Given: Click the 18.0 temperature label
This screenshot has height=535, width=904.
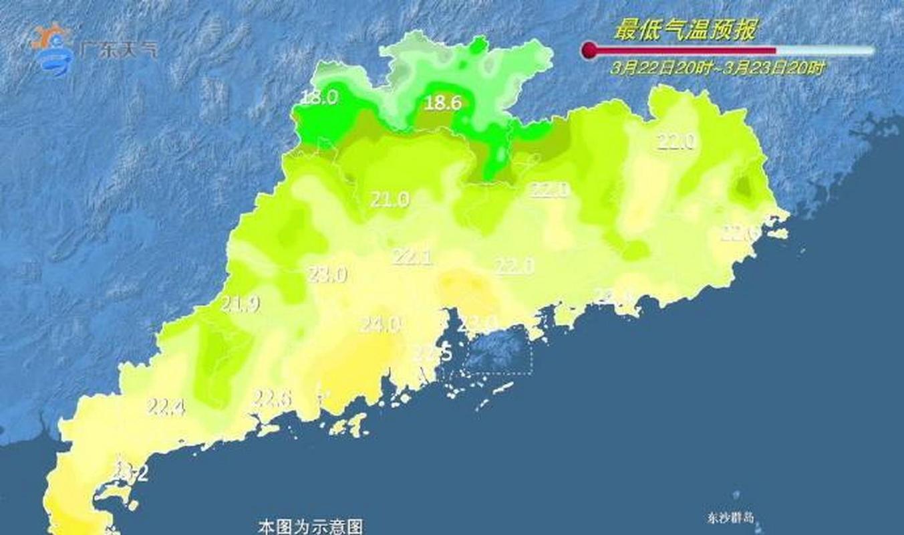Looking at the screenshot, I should pyautogui.click(x=319, y=98).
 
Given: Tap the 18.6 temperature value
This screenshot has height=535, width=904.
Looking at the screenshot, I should pyautogui.click(x=444, y=102).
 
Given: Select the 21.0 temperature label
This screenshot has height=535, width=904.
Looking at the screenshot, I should pyautogui.click(x=390, y=199).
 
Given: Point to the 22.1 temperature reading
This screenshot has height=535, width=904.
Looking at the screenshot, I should pyautogui.click(x=412, y=257).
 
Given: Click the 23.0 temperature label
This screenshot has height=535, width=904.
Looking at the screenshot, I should pyautogui.click(x=327, y=274).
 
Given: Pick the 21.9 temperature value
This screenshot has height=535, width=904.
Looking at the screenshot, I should pyautogui.click(x=241, y=305).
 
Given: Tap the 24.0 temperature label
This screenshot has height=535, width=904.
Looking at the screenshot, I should pyautogui.click(x=380, y=325).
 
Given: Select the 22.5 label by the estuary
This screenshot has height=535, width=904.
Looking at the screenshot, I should pyautogui.click(x=432, y=352).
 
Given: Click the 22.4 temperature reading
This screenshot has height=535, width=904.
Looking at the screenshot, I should pyautogui.click(x=166, y=406).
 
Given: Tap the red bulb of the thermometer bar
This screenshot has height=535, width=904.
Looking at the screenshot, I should pyautogui.click(x=589, y=50).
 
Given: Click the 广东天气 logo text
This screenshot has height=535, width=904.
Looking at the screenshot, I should pyautogui.click(x=118, y=49).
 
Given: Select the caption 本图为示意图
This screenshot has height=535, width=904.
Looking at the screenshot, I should pyautogui.click(x=311, y=526).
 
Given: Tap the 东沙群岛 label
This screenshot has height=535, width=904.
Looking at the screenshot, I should pyautogui.click(x=730, y=518).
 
